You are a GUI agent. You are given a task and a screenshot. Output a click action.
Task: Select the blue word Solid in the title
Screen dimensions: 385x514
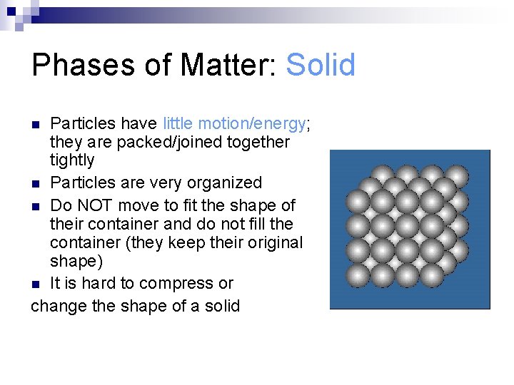[x=320, y=66]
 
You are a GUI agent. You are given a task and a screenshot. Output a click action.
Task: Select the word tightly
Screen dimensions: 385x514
[x=72, y=160]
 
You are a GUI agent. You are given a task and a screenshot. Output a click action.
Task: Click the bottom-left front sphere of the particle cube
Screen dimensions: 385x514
[x=358, y=275]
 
